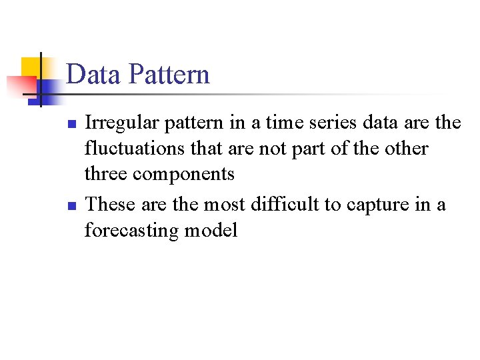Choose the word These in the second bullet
coord(109,203)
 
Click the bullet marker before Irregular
coord(73,125)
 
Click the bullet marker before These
coord(73,205)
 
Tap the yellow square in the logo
coord(30,66)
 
